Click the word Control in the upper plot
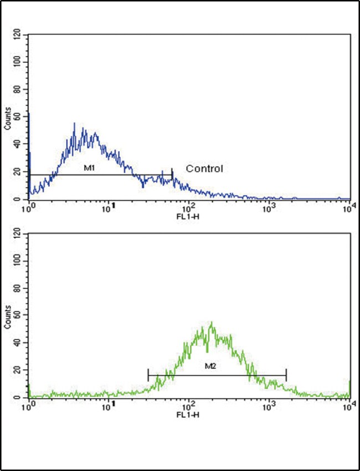pos(204,168)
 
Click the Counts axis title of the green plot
pos(8,316)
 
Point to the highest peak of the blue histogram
pos(74,124)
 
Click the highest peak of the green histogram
pos(212,322)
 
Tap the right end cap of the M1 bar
pos(172,175)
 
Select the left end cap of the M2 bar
pos(148,375)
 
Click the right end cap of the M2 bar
pos(286,375)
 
